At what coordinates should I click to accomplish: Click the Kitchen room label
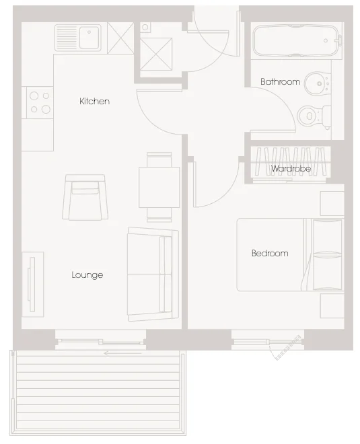click(94, 101)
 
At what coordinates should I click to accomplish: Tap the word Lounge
click(87, 275)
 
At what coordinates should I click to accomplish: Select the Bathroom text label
click(280, 82)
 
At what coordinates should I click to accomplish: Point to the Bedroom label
click(270, 253)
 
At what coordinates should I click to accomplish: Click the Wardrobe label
click(291, 169)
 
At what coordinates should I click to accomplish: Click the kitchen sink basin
click(89, 37)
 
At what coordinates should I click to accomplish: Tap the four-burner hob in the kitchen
click(40, 103)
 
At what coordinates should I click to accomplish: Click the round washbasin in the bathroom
click(318, 83)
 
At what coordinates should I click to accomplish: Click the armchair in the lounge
click(85, 197)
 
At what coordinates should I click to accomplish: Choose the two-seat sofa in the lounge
click(153, 274)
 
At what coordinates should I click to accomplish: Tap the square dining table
click(159, 187)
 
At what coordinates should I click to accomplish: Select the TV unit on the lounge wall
click(33, 285)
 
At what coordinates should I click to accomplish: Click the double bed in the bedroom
click(290, 254)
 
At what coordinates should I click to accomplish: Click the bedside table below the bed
click(332, 306)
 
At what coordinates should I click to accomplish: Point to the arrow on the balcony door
click(122, 353)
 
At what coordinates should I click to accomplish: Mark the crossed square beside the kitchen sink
click(120, 38)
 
